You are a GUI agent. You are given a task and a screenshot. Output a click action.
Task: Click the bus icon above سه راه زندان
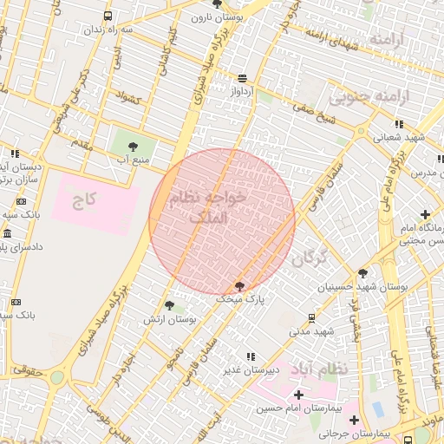click(108, 16)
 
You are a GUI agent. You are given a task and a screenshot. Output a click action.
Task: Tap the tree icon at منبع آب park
click(132, 147)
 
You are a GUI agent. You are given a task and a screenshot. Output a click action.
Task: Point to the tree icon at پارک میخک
click(239, 285)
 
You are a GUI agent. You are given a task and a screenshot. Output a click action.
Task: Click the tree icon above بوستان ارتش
click(169, 305)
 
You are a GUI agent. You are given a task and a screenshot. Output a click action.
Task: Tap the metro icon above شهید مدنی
click(312, 318)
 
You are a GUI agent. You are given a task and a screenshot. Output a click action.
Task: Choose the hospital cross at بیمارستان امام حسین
click(298, 395)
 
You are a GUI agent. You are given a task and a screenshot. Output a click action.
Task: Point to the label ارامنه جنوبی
click(378, 96)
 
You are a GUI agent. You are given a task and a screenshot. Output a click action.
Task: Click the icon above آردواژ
click(241, 76)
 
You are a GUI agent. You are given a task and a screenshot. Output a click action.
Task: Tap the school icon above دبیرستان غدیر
click(251, 356)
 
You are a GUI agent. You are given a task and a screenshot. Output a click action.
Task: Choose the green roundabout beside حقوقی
click(57, 377)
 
